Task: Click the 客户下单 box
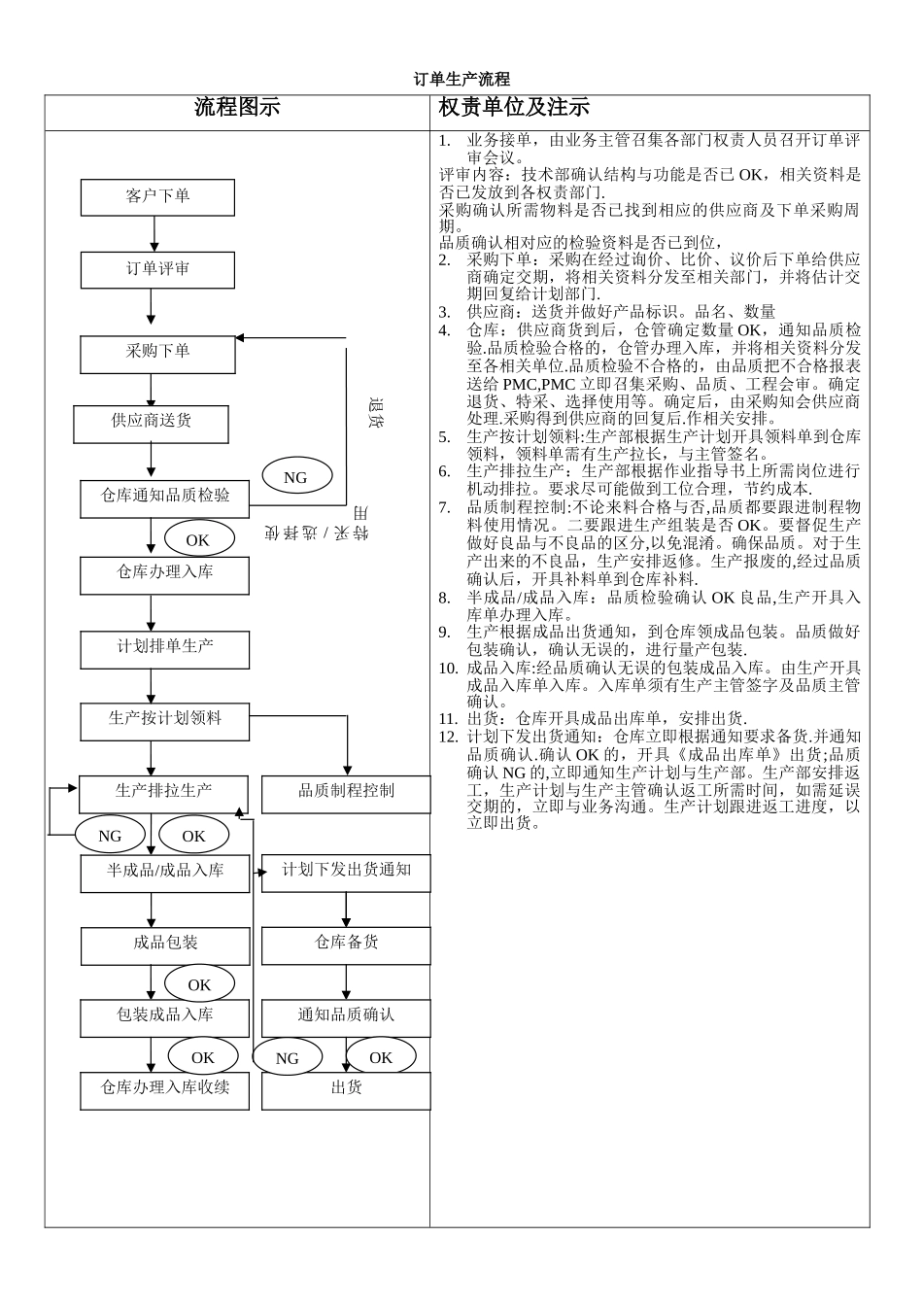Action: (157, 197)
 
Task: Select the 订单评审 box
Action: (157, 270)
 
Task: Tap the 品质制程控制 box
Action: (346, 794)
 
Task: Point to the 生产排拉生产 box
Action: (163, 794)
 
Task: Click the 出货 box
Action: (346, 1090)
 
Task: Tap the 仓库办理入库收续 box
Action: (165, 1090)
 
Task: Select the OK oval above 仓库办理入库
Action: (199, 539)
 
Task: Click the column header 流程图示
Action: (237, 108)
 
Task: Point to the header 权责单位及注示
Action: (514, 108)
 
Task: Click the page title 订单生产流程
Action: (461, 80)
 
